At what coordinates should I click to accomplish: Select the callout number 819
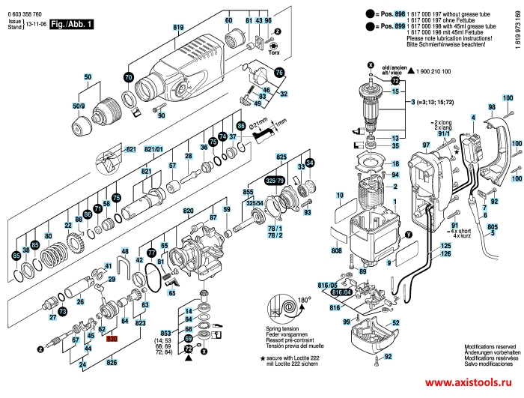point(178,28)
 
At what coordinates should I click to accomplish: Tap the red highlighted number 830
point(112,339)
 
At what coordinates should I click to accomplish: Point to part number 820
point(189,212)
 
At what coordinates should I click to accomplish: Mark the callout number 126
point(445,255)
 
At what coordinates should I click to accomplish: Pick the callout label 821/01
point(153,150)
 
